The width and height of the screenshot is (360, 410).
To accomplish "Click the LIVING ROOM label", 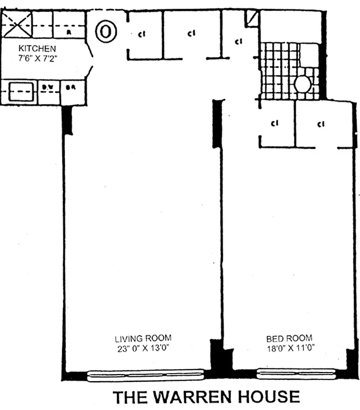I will pos(143,338).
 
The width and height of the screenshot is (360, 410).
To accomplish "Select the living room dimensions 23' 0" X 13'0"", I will pos(143,347).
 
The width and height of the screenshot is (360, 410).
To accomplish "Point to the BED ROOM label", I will pos(290,338).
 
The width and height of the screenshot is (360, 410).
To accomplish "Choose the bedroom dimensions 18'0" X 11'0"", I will pos(290,347).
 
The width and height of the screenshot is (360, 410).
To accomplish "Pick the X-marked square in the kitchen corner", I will pos(18,24).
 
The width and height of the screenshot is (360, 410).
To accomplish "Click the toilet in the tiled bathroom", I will pos(303,84).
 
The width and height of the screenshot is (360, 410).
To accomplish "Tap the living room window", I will pos(145,376).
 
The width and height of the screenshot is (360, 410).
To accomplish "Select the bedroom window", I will pos(296,374).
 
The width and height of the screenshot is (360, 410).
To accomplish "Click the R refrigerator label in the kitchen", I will pos(69,32).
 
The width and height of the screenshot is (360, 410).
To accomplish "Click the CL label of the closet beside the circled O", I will pos(141,35).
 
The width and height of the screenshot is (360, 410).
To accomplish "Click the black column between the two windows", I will pos(221,359).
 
